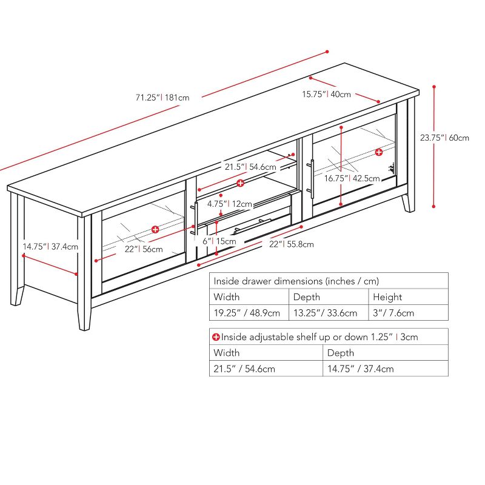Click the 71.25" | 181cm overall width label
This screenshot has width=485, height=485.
pyautogui.click(x=162, y=96)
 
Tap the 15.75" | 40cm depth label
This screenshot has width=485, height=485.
pyautogui.click(x=327, y=94)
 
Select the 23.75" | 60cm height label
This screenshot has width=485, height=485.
pyautogui.click(x=444, y=138)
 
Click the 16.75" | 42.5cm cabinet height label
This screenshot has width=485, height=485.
pyautogui.click(x=352, y=178)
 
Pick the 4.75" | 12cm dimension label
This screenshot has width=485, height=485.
pyautogui.click(x=229, y=204)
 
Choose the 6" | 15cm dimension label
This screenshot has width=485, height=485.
pyautogui.click(x=219, y=241)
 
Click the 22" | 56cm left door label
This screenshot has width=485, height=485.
pyautogui.click(x=144, y=249)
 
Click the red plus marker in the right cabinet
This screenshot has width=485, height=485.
pyautogui.click(x=379, y=152)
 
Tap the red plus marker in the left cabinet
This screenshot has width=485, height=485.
pyautogui.click(x=155, y=229)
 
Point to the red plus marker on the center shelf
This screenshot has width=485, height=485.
pyautogui.click(x=241, y=182)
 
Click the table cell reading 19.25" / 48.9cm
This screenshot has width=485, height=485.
pyautogui.click(x=246, y=313)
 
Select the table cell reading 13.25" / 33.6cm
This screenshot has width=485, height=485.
pyautogui.click(x=324, y=313)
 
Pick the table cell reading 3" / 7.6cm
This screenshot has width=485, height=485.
pyautogui.click(x=393, y=313)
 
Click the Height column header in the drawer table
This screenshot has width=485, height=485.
pyautogui.click(x=387, y=297)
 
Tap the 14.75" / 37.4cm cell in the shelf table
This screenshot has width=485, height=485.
pyautogui.click(x=360, y=369)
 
